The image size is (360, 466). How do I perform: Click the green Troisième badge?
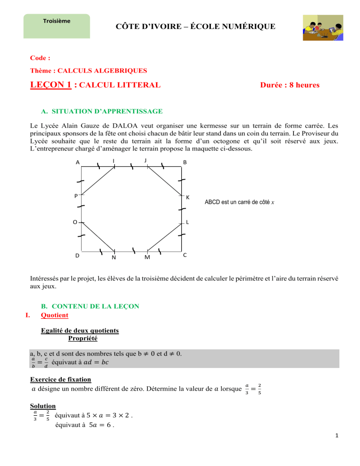tap(56, 26)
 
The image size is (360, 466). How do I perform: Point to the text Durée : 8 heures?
tap(290, 85)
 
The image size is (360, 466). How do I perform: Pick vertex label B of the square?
tap(185, 163)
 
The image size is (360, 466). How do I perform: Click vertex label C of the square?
tap(185, 255)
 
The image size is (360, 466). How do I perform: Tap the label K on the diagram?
tap(187, 197)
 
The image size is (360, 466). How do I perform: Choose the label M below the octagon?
tap(147, 257)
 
